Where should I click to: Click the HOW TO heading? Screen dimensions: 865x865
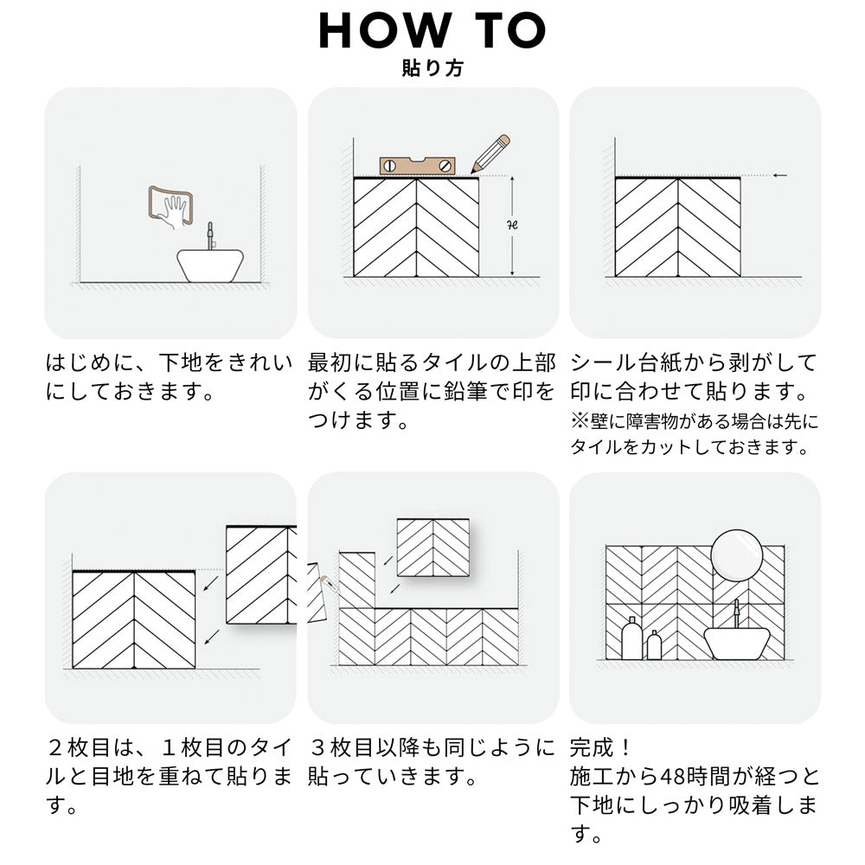[432, 30]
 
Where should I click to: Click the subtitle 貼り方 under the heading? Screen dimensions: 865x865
[432, 68]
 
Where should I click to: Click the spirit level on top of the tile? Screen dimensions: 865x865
[417, 165]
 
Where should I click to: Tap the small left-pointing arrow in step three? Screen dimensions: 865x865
[779, 176]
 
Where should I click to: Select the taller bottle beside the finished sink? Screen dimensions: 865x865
[631, 638]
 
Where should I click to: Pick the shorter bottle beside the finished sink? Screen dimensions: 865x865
[654, 645]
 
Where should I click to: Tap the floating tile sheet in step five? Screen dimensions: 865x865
[432, 547]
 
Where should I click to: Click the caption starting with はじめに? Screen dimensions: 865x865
[169, 377]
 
